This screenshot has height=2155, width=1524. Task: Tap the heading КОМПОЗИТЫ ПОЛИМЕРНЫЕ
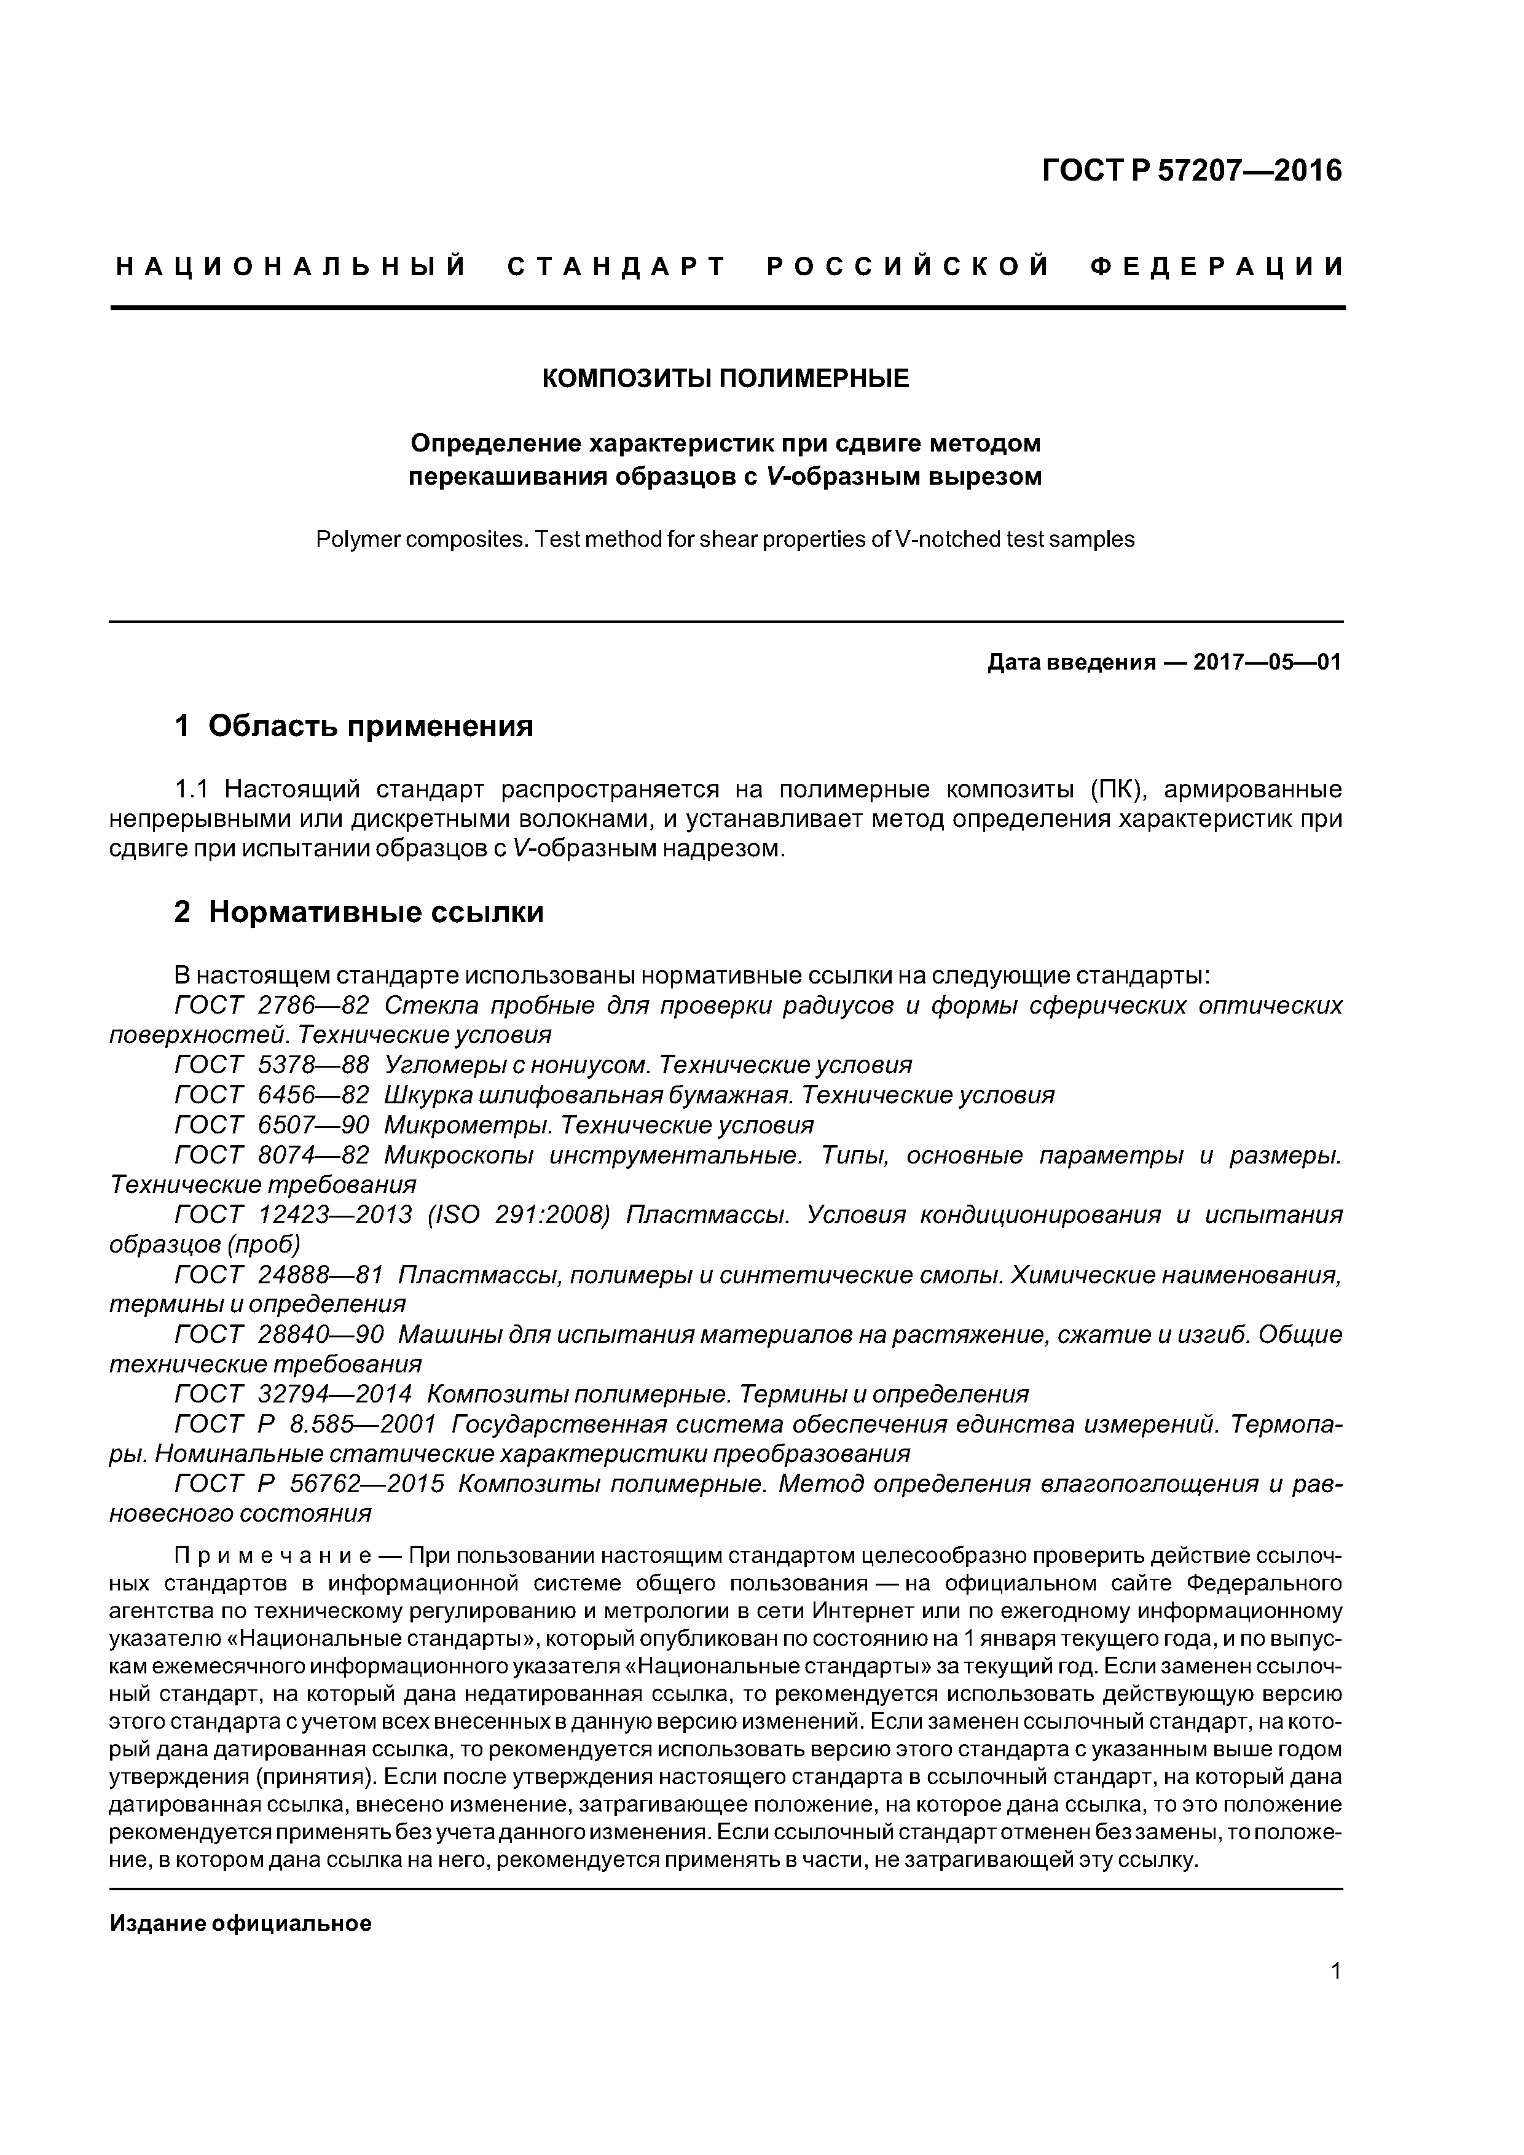[x=726, y=378]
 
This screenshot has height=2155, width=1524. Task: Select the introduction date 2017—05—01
[x=1267, y=663]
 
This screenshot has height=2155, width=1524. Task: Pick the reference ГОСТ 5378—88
[x=272, y=1065]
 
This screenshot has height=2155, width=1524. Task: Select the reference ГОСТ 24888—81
[x=279, y=1275]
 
